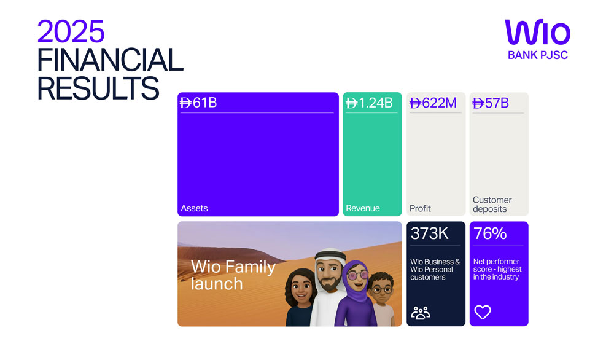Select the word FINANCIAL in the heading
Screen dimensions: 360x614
coord(110,60)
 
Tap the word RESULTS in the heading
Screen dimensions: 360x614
coord(98,88)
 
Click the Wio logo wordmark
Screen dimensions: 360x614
coord(537,33)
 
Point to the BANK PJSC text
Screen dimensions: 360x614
coord(537,55)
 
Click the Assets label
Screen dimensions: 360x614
coord(194,208)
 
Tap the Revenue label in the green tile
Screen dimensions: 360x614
coord(362,208)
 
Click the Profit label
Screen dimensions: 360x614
coord(420,208)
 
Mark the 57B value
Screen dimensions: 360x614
coord(491,103)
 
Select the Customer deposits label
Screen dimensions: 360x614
coord(492,204)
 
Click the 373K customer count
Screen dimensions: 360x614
coord(430,233)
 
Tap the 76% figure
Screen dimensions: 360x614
coord(490,233)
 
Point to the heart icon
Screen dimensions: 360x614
coord(483,312)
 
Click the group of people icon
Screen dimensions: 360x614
coord(421,312)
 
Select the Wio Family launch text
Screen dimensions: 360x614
coord(233,275)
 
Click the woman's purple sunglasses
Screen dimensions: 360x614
coord(356,275)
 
